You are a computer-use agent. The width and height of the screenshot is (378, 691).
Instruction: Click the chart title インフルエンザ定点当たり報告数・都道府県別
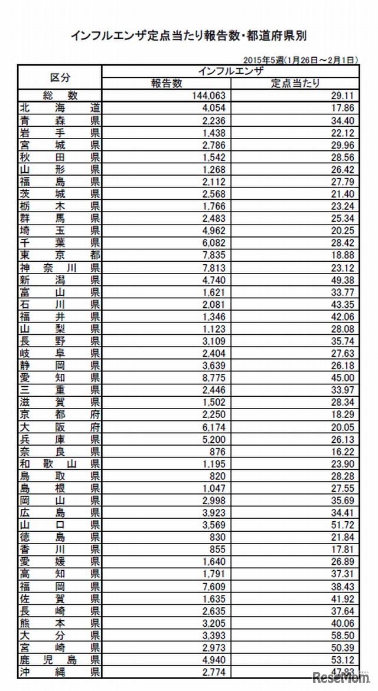click(x=189, y=36)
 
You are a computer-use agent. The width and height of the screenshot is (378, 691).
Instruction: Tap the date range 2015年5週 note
click(x=301, y=60)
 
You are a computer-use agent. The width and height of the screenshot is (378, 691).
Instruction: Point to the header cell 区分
click(x=60, y=77)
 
